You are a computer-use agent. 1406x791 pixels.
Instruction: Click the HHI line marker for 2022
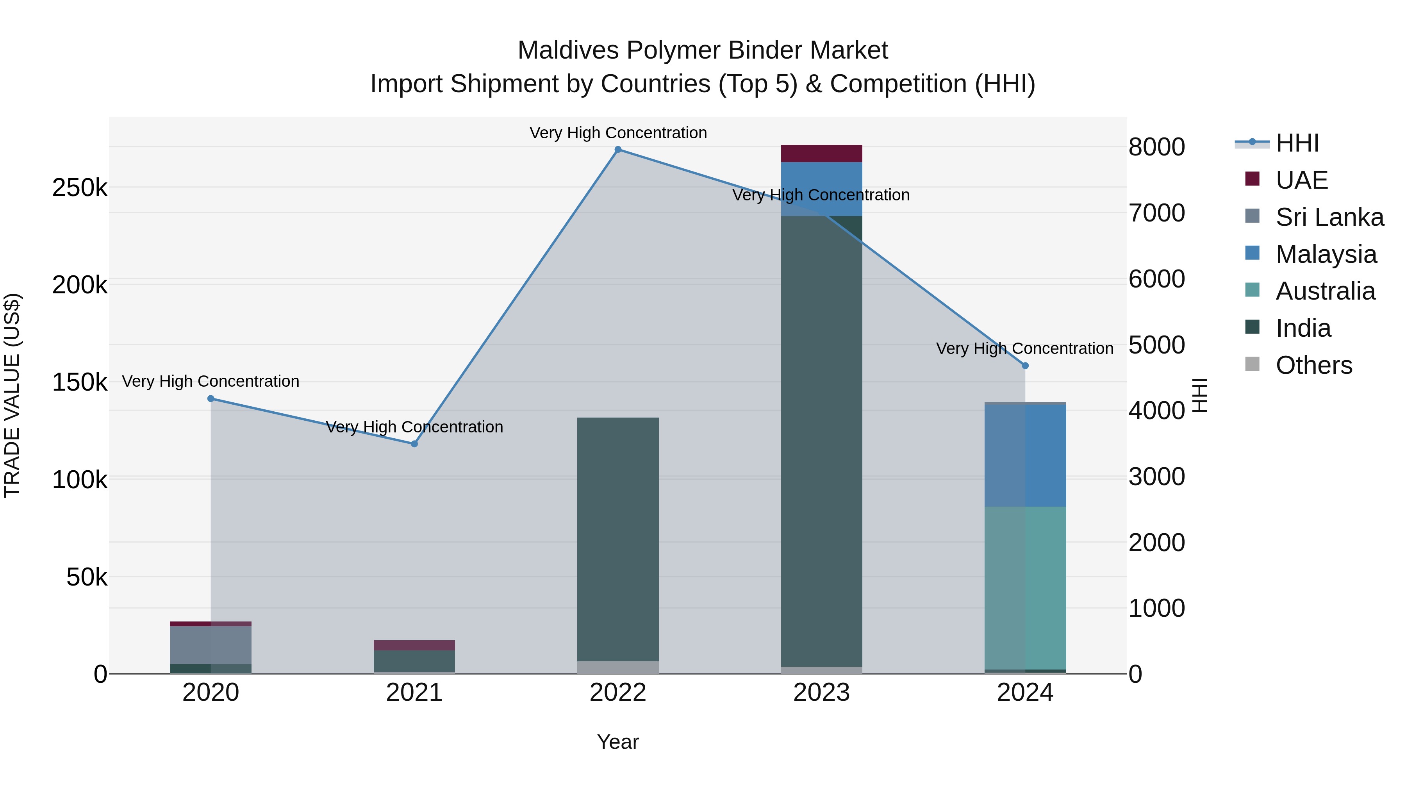coord(618,150)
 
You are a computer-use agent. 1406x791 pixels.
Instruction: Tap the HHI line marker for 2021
coord(414,444)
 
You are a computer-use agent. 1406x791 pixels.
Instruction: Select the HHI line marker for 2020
coord(211,398)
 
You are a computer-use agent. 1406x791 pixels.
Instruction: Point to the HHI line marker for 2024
coord(1025,366)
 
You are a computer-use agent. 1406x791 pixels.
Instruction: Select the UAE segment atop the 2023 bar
coord(821,154)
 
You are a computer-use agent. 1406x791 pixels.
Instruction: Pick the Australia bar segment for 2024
coord(1025,588)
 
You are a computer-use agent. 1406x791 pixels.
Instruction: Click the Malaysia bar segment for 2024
coord(1025,455)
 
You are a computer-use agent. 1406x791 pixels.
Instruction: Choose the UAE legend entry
coord(1301,180)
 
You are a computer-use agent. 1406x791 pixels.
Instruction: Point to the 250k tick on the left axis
coord(80,188)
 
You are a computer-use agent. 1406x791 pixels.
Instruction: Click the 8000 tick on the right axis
coord(1156,147)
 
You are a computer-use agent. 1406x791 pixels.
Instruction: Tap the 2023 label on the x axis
coord(821,693)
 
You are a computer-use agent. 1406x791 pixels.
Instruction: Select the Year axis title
coord(618,742)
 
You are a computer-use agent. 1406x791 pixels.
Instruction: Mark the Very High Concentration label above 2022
coord(618,133)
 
